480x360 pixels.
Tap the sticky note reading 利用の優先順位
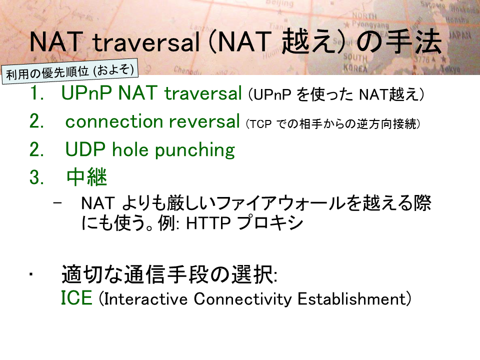70,71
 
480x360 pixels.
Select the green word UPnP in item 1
86,93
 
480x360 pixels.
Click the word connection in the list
114,121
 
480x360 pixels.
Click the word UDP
85,149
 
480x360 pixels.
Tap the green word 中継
86,177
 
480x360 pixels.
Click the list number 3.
36,177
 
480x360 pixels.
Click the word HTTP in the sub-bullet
208,223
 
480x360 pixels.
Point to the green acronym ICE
76,297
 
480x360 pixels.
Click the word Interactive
145,299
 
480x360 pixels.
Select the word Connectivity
243,299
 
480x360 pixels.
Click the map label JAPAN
460,36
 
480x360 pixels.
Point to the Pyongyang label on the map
370,24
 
